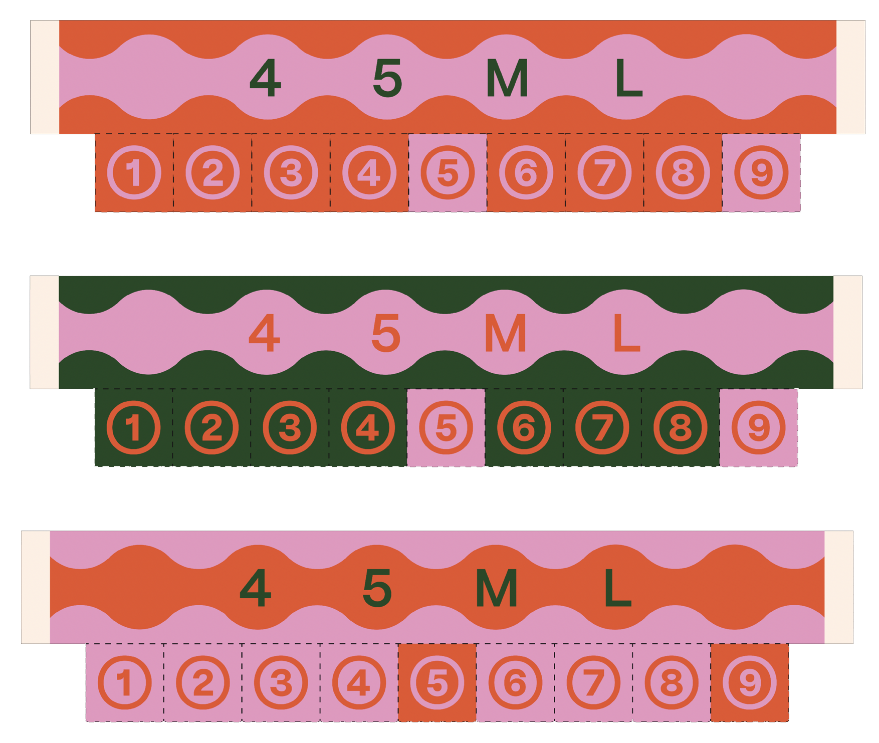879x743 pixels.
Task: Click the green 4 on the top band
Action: tap(265, 78)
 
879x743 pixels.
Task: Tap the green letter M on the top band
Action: tap(507, 78)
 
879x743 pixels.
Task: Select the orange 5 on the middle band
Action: tap(386, 333)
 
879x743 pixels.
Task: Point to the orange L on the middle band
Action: tap(626, 333)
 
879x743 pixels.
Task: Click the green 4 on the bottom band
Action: tap(256, 588)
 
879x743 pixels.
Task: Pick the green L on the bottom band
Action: tap(617, 588)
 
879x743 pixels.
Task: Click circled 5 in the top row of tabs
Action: tap(448, 173)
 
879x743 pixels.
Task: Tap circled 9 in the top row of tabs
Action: tap(761, 173)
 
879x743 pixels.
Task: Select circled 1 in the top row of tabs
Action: tap(134, 173)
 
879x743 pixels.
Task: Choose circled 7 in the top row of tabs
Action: tap(604, 173)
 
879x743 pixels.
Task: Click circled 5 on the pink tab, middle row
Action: tap(446, 428)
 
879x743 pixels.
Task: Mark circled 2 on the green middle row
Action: tap(211, 428)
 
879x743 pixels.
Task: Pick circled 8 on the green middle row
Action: tap(681, 428)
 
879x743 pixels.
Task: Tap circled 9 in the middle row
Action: tap(759, 428)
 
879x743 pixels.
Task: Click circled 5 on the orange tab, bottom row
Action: tap(437, 682)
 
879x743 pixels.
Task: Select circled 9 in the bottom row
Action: tap(750, 682)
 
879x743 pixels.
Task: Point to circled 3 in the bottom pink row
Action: tap(281, 682)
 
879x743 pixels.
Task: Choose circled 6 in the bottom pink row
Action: tap(515, 682)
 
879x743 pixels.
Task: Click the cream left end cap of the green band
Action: tap(45, 332)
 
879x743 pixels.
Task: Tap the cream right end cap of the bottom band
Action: tap(838, 587)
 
